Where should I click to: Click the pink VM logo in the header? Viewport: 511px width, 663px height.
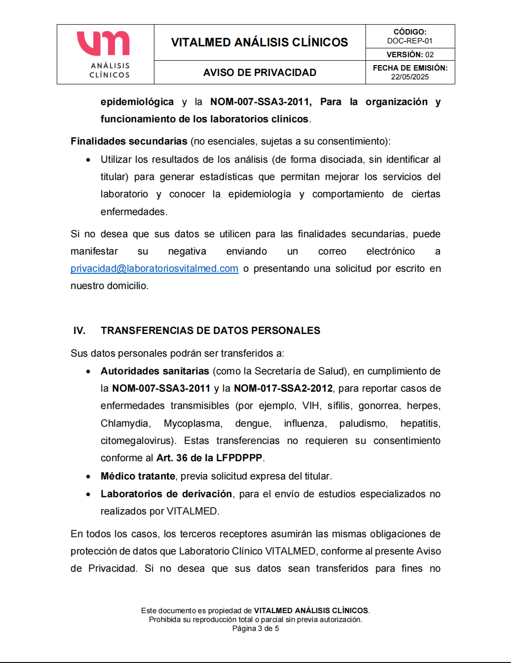tap(103, 43)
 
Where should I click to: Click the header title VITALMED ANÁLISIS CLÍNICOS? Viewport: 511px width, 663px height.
tap(259, 42)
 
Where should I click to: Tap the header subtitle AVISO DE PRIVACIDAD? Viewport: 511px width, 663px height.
tap(259, 73)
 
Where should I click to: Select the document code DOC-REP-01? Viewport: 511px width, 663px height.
tap(409, 41)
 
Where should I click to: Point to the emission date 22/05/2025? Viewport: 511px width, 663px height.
tap(409, 76)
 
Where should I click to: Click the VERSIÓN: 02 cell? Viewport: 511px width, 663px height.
tap(409, 54)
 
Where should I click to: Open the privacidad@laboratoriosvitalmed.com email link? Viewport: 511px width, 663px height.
tap(154, 268)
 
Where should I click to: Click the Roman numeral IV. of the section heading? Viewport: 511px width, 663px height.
tap(79, 331)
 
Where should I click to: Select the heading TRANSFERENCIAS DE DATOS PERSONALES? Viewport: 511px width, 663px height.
tap(210, 331)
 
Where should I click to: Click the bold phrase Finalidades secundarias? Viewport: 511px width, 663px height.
tap(129, 141)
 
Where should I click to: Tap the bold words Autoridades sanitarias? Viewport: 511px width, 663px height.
tap(155, 371)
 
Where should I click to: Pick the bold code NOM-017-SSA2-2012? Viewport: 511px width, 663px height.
tap(283, 388)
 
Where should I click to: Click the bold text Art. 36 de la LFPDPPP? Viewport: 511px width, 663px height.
tap(209, 458)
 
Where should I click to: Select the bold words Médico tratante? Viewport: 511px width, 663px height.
tap(138, 476)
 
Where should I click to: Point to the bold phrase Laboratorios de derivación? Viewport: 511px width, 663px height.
tap(166, 494)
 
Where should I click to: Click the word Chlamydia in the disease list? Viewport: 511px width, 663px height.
tap(125, 423)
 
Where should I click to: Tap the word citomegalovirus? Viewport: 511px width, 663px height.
tap(138, 441)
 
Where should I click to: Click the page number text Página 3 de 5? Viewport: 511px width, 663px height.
tap(255, 628)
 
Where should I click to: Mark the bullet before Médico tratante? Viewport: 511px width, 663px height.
tap(88, 477)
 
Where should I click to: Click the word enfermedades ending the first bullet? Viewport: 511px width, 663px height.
tap(133, 212)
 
